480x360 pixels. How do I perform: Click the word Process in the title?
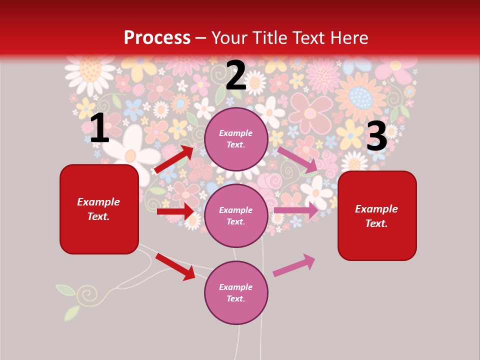click(157, 38)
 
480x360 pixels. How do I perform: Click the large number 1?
click(99, 128)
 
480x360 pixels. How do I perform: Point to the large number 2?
click(235, 75)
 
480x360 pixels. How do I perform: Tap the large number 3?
click(376, 137)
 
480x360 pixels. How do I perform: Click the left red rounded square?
click(99, 209)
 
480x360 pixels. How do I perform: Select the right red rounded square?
click(377, 216)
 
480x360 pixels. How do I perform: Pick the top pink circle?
click(236, 139)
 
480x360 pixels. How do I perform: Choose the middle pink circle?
click(236, 216)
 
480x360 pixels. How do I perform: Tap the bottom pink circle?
click(236, 293)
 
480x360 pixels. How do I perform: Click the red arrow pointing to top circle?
click(174, 159)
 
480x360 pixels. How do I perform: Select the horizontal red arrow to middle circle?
click(175, 211)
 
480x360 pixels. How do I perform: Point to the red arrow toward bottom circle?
click(175, 266)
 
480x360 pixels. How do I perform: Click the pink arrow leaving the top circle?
click(297, 159)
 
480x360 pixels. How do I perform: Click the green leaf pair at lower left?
click(68, 300)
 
